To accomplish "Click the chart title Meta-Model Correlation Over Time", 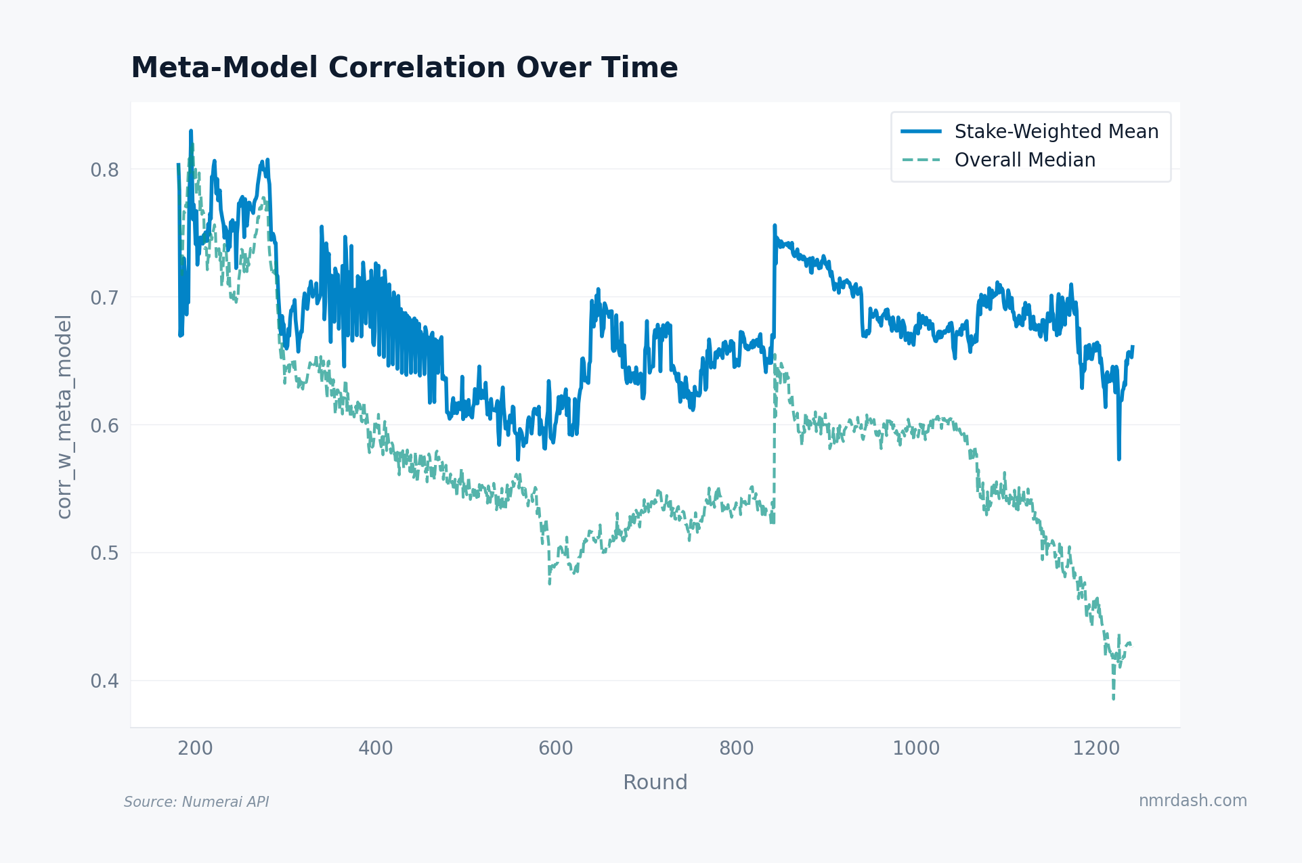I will tap(404, 68).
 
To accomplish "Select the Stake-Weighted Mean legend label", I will tap(1056, 131).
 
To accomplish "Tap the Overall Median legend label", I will tap(1024, 160).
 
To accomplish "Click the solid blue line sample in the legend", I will tap(921, 131).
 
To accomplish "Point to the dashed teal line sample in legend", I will tap(921, 160).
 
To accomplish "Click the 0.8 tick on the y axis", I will tap(104, 169).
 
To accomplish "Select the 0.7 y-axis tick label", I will tap(104, 297).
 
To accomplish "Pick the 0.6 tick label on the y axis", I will tap(104, 425).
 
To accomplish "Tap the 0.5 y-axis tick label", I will tap(104, 553).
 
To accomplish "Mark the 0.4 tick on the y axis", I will tap(104, 680).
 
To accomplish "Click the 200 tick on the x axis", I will tap(195, 748).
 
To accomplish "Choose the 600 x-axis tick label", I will tap(556, 748).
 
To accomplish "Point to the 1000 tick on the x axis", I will tap(916, 748).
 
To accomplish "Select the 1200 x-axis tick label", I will tap(1096, 748).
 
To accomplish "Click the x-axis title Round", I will tap(655, 782).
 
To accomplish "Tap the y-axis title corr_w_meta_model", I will tap(64, 416).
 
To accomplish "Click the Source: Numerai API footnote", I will tap(196, 802).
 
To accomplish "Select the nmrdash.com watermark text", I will tap(1192, 800).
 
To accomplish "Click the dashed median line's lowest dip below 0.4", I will tap(1113, 698).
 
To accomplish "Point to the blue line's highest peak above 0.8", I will tap(191, 131).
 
